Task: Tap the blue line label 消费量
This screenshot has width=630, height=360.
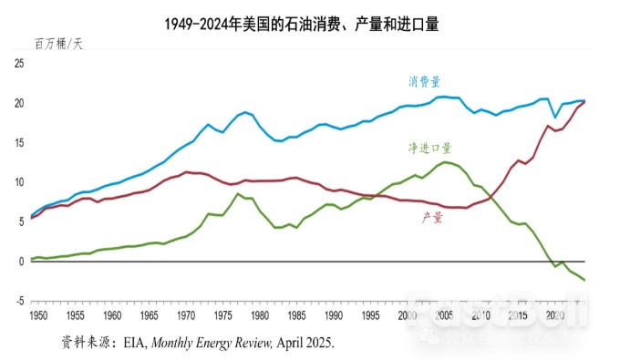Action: [x=425, y=81]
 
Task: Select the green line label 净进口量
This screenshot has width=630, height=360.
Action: [x=430, y=148]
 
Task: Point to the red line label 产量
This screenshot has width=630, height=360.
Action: [x=433, y=217]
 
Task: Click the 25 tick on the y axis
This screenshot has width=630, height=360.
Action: [x=19, y=63]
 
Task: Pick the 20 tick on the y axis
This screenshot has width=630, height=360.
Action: [x=19, y=103]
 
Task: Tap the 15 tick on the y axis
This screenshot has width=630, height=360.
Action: [x=19, y=142]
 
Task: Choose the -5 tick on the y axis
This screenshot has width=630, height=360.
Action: [x=18, y=301]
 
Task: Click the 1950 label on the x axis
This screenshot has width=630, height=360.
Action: [x=38, y=314]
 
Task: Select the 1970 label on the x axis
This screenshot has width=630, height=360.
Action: [x=186, y=314]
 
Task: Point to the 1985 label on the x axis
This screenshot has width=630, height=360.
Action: [x=297, y=314]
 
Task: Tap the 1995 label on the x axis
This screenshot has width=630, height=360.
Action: [x=371, y=314]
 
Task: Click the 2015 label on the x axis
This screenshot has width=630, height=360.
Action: [x=519, y=314]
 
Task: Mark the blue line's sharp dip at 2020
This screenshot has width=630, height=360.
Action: [x=554, y=118]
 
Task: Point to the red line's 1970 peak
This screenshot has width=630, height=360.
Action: [x=186, y=171]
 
